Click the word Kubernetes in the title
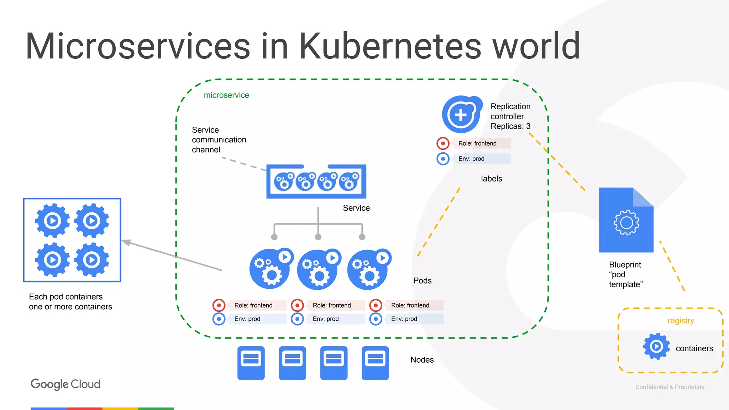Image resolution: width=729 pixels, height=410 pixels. point(390,46)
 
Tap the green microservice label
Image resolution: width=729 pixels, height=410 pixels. point(226,95)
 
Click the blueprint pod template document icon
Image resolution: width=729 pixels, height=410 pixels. point(626,220)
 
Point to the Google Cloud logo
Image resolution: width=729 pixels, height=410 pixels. point(65,384)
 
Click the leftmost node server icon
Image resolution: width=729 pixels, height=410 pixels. point(251,363)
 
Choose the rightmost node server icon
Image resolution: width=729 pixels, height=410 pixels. point(375,363)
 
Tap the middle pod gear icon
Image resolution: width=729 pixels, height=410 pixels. point(318,269)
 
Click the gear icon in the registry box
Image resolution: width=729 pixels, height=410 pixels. point(656,346)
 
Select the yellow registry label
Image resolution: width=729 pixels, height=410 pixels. point(681,321)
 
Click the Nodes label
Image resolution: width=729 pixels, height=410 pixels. point(422,360)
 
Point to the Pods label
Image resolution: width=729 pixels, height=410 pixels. point(422,281)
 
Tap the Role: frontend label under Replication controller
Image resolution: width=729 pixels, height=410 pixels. point(477,143)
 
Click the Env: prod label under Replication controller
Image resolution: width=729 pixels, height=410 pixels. point(471,159)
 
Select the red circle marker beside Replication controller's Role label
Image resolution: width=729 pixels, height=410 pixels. point(443,143)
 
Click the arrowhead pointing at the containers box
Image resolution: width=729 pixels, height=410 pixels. point(126,242)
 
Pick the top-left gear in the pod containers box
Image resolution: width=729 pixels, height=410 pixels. point(53,221)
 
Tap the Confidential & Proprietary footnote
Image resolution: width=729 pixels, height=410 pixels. point(670,387)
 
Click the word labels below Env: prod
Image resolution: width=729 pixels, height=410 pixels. point(491,179)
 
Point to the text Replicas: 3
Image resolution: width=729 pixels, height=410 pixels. point(510,126)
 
